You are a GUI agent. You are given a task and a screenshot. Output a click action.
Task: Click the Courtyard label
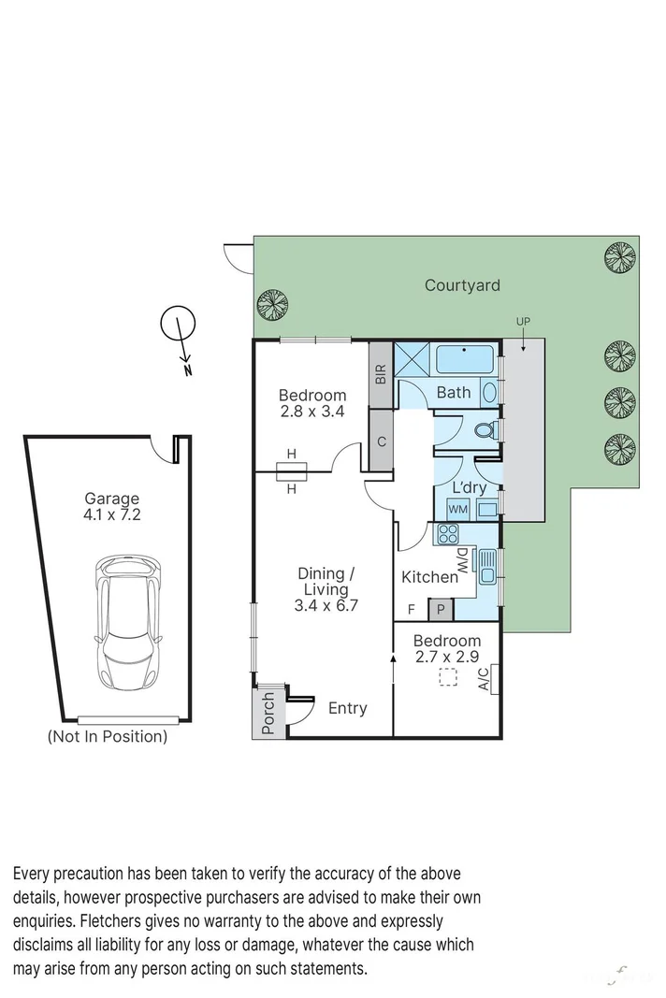[x=462, y=285]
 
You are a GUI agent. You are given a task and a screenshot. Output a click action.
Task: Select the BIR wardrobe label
[x=381, y=375]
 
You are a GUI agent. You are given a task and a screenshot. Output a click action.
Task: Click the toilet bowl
[x=485, y=430]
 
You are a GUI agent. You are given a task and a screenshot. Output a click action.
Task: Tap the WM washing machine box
[x=457, y=509]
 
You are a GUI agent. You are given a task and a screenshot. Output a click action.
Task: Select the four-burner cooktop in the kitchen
[x=446, y=535]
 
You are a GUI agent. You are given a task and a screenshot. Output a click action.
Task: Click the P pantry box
[x=440, y=611]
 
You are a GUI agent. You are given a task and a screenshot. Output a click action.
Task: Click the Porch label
[x=268, y=712]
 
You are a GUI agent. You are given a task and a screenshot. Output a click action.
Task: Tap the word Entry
[x=347, y=708]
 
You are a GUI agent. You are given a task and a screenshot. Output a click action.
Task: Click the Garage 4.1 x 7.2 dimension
[x=111, y=514]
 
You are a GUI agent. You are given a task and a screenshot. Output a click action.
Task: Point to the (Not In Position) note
[x=108, y=736]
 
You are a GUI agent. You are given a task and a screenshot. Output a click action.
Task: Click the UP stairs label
[x=523, y=322]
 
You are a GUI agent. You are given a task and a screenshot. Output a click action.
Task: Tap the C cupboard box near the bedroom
[x=381, y=441]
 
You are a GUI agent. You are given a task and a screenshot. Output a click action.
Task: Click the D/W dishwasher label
[x=463, y=562]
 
